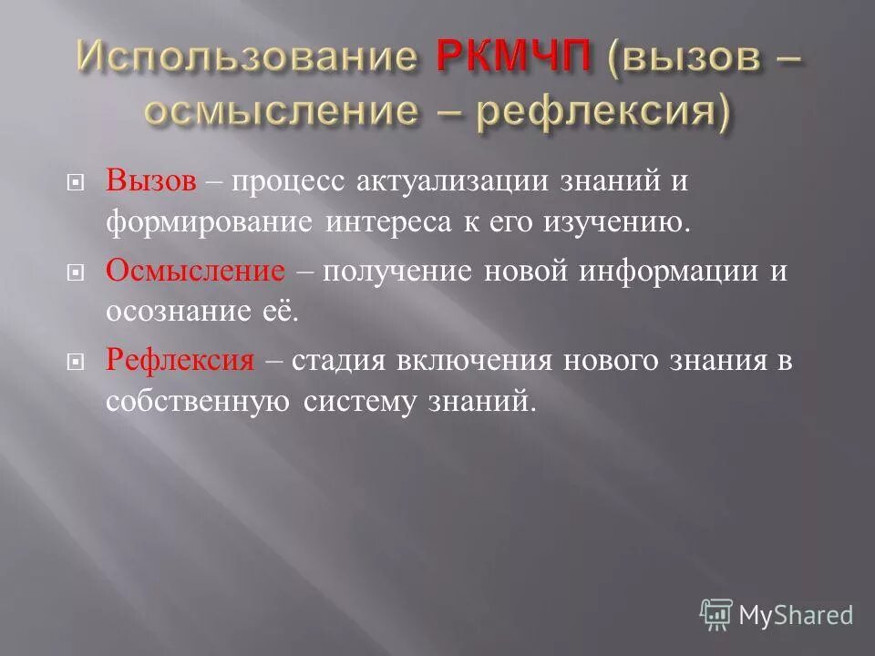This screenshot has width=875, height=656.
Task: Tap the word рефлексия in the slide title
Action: (629, 111)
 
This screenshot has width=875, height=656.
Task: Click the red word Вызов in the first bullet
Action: (151, 181)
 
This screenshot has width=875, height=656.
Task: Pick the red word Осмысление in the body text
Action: (195, 271)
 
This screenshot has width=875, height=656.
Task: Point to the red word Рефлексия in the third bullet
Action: (180, 360)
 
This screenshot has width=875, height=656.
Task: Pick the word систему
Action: (358, 401)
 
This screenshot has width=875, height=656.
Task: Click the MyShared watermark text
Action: (796, 615)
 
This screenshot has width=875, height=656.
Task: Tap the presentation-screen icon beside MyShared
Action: (716, 614)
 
